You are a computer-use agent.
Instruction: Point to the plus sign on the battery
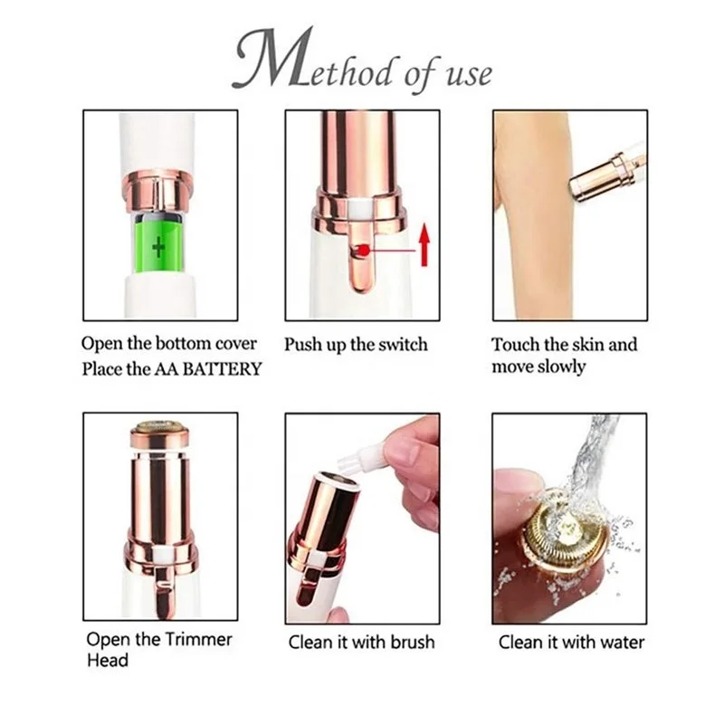(x=159, y=246)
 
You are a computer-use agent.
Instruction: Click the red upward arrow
(x=423, y=245)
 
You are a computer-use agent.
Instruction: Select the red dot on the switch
(x=362, y=251)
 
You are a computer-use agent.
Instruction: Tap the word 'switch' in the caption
(x=399, y=345)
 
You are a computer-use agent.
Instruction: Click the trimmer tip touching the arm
(x=576, y=186)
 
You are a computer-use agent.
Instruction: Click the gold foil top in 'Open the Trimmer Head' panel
(x=159, y=426)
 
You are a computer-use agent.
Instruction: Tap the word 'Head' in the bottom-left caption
(x=108, y=661)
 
